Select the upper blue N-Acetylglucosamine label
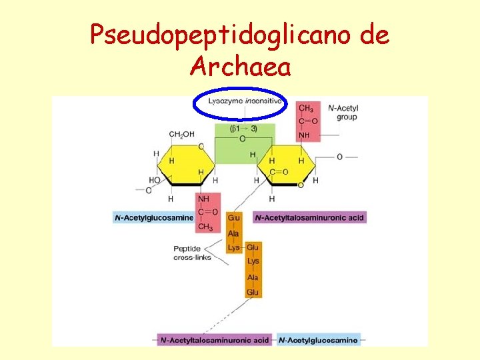(154, 217)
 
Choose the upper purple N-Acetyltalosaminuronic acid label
(310, 217)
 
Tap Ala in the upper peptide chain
(233, 233)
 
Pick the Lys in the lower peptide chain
(253, 261)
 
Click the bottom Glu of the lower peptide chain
(253, 292)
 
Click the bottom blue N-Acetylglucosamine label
(318, 340)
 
